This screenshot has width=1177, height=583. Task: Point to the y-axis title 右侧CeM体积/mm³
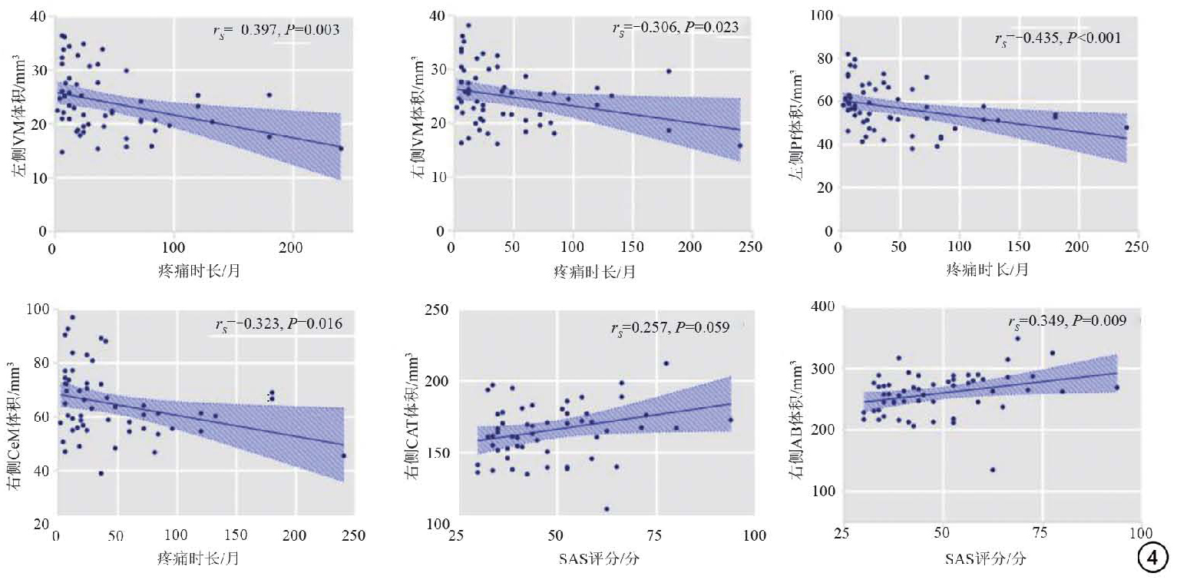18,419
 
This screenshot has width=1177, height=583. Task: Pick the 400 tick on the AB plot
825,307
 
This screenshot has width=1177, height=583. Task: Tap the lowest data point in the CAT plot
607,508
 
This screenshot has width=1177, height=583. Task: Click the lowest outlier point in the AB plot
992,469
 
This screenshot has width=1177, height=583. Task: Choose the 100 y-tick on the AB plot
825,491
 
